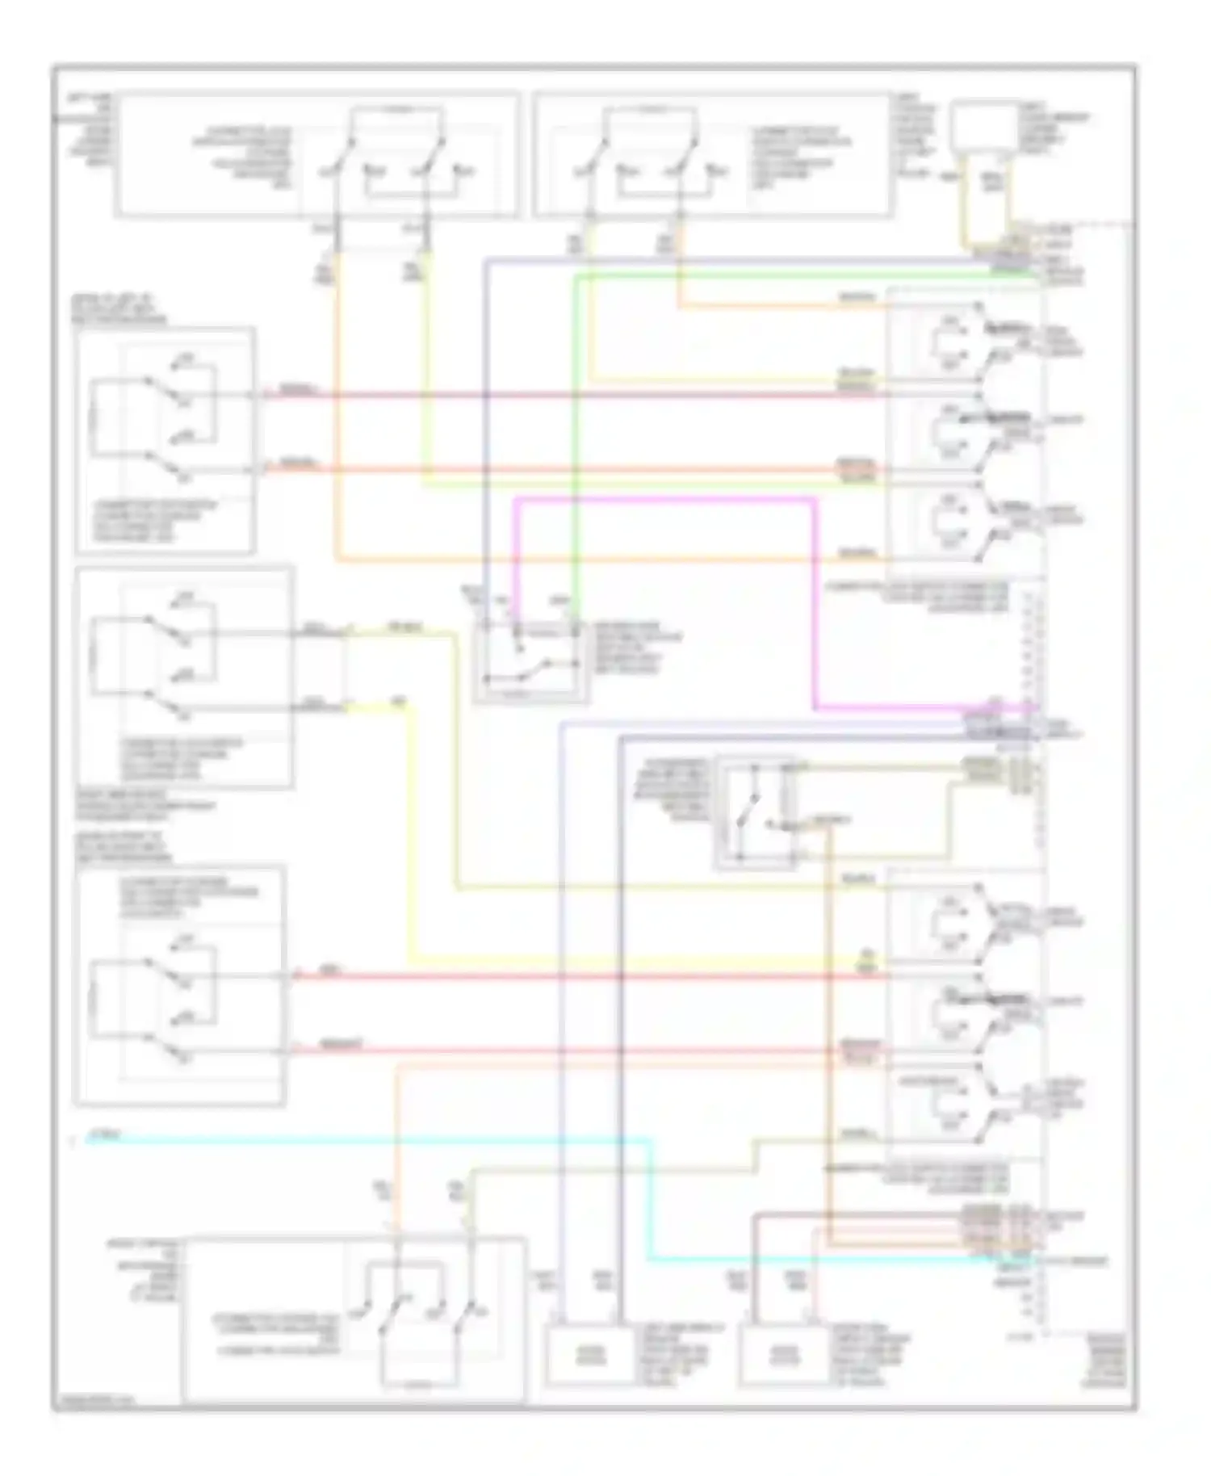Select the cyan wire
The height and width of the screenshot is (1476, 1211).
[363, 1139]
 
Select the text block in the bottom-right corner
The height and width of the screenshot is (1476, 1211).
[1104, 1361]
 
